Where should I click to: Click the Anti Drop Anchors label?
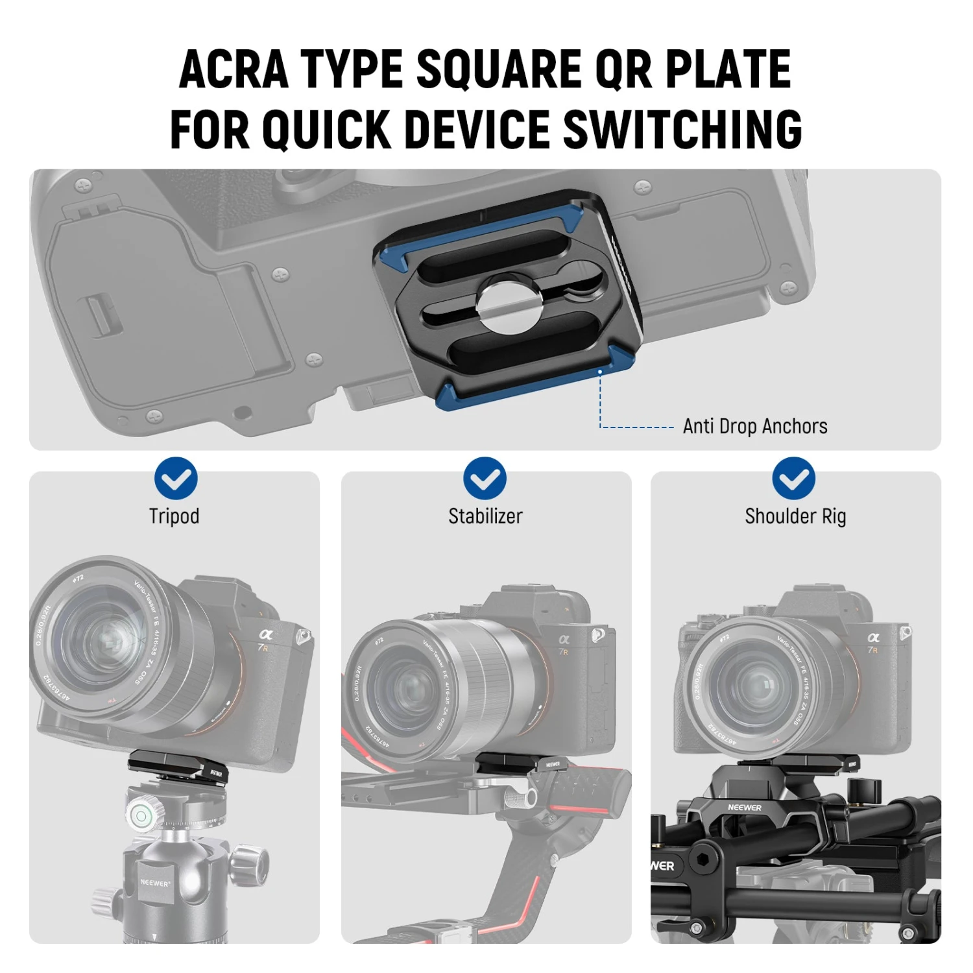tap(755, 426)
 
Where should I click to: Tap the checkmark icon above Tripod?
tap(176, 479)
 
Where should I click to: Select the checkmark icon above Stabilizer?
tap(485, 479)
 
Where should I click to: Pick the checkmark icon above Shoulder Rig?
tap(793, 479)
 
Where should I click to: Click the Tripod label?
tap(174, 516)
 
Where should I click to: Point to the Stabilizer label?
tap(485, 516)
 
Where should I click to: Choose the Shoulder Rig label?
tap(795, 516)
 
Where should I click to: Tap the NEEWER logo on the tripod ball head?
tap(155, 883)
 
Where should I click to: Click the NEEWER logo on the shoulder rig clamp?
tap(744, 808)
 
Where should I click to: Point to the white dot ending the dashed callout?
tap(600, 372)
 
